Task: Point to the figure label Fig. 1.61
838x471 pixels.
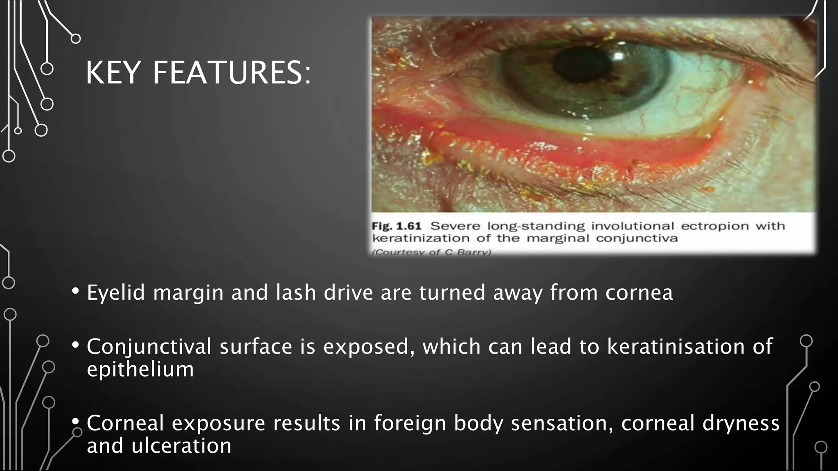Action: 396,226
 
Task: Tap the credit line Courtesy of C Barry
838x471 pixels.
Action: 431,252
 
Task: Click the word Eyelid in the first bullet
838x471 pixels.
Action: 116,293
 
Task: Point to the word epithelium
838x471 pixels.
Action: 140,369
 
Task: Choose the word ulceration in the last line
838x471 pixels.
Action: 181,446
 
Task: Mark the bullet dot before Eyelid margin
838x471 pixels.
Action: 76,292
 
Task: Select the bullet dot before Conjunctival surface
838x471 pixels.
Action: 76,345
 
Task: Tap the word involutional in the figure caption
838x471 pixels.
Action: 633,226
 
